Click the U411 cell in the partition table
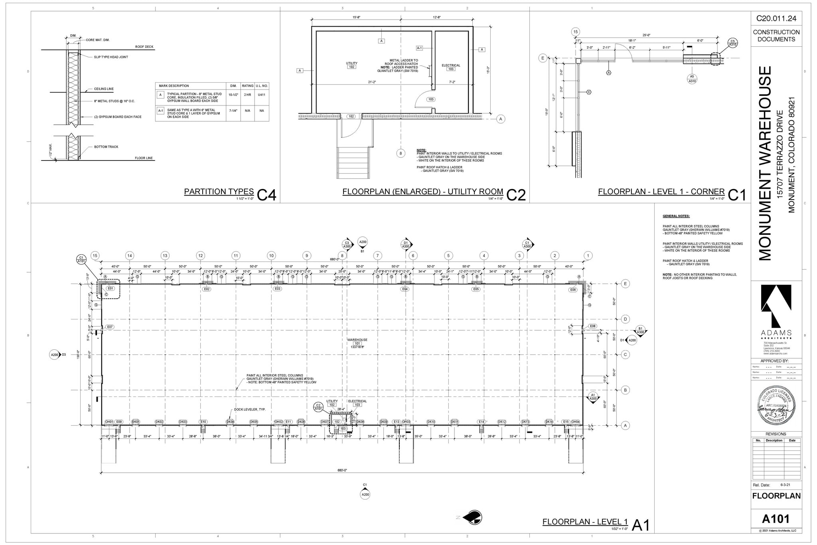(262, 95)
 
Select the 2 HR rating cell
(247, 95)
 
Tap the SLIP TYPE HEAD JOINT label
(111, 57)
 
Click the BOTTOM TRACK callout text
(106, 147)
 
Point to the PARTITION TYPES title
(219, 192)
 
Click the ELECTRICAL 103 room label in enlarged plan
(451, 67)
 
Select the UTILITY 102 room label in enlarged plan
(351, 65)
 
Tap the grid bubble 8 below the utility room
(401, 153)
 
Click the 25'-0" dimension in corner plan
(646, 35)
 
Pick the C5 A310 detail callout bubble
(732, 43)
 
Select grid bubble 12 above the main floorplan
(201, 256)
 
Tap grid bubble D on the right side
(626, 319)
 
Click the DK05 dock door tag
(254, 422)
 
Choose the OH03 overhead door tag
(406, 422)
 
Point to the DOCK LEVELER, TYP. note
(250, 410)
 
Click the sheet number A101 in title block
(776, 519)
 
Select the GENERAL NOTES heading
(676, 216)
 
